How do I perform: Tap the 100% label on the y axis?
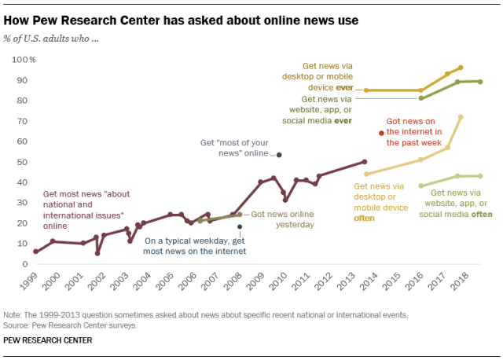pos(23,60)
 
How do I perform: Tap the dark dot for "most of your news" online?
pos(278,155)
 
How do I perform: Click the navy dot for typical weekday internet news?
pos(240,227)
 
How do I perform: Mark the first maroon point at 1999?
pos(35,252)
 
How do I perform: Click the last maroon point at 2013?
pos(365,162)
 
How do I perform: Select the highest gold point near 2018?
pos(461,68)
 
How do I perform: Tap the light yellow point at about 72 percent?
pos(461,117)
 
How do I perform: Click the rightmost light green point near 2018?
pos(480,176)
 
